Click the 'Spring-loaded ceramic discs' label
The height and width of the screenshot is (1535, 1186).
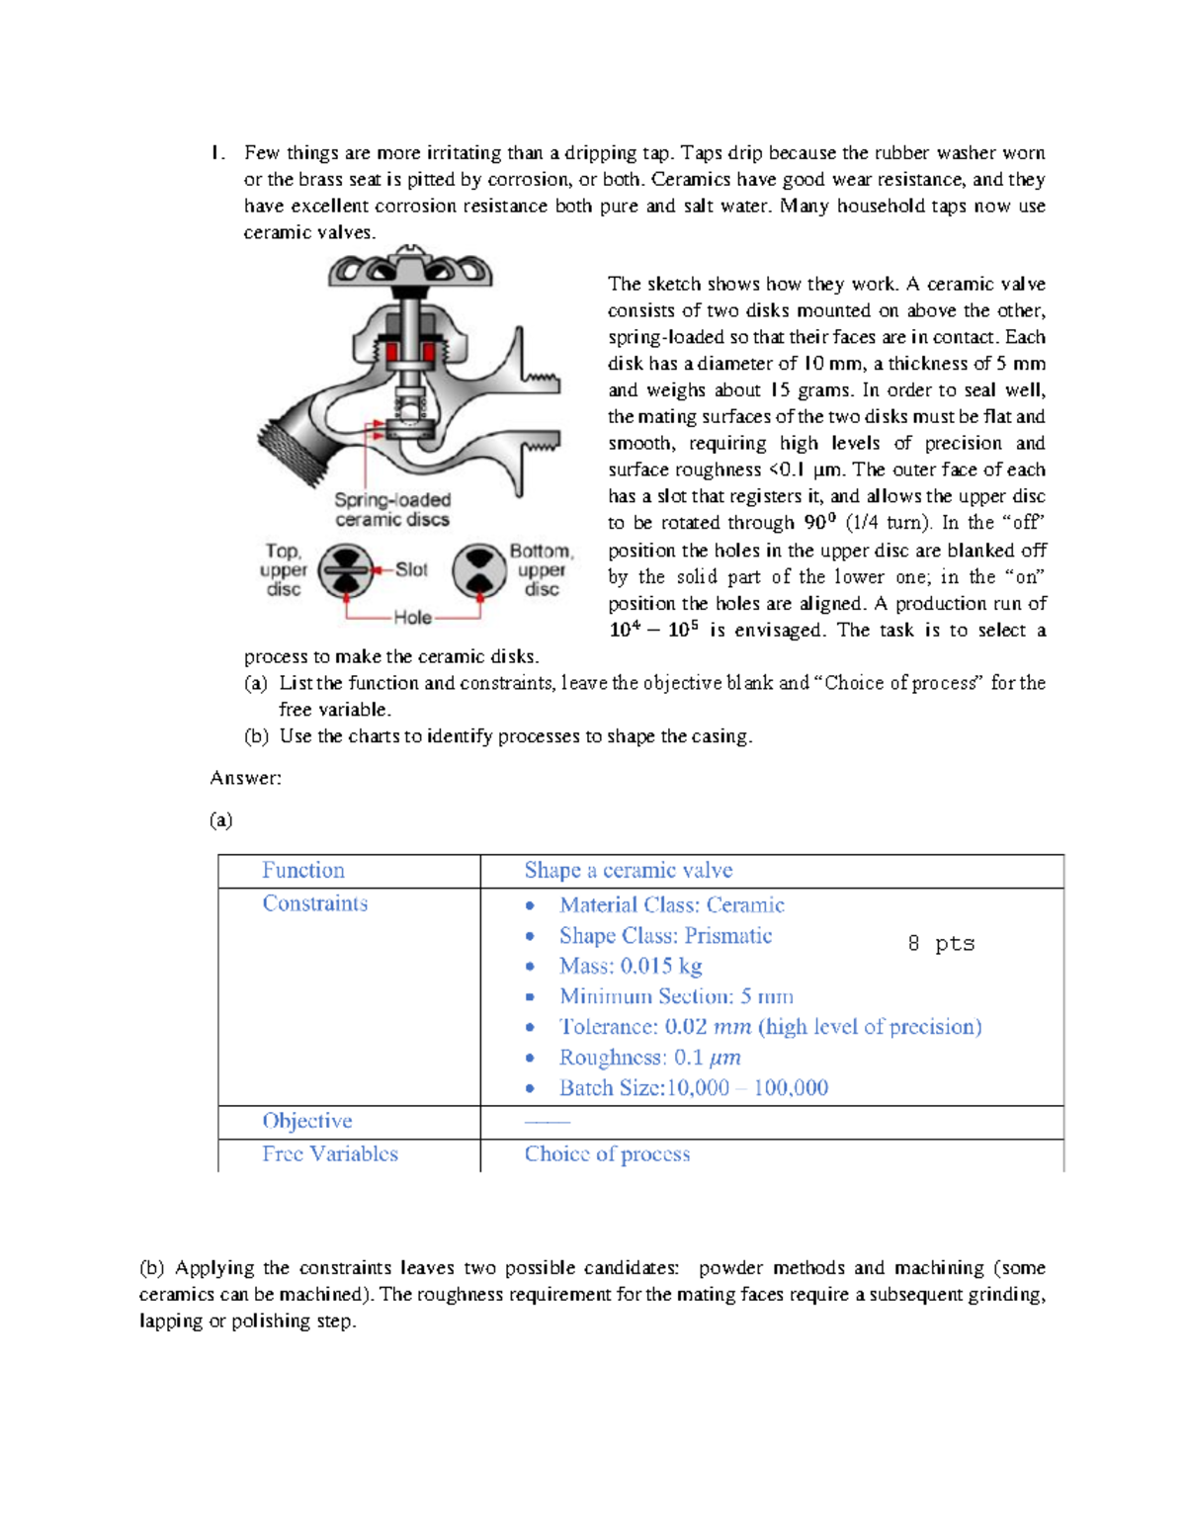pos(392,510)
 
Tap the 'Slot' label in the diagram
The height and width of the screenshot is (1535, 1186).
pos(411,569)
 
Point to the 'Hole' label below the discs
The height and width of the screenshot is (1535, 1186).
pos(412,618)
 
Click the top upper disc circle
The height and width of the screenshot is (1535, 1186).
pos(346,571)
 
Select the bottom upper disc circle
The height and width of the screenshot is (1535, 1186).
pos(479,570)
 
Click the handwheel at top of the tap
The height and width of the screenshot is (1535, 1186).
pos(410,268)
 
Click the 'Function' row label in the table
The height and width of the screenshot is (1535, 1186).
pos(303,870)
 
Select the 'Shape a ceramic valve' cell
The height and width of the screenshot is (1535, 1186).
pos(628,870)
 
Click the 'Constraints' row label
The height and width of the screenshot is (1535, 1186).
pos(314,903)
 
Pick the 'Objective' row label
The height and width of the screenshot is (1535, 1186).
pos(306,1121)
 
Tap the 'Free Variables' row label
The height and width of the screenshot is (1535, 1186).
pos(330,1153)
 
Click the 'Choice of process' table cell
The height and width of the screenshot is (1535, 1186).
pos(607,1153)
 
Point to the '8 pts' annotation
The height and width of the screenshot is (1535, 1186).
pos(941,943)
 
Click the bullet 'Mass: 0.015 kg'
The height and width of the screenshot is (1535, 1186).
pos(631,966)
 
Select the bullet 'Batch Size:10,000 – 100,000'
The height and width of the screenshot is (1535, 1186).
pos(693,1087)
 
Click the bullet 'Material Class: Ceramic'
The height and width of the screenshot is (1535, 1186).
pos(671,904)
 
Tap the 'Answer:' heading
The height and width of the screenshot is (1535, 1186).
pos(245,778)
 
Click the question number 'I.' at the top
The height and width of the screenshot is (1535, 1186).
pos(216,152)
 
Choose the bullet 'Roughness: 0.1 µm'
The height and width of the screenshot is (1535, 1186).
pos(649,1057)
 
